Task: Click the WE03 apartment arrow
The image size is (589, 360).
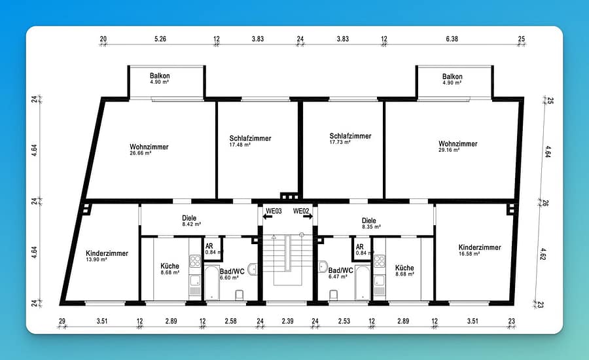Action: [x=268, y=217]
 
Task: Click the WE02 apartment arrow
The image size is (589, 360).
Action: [x=308, y=217]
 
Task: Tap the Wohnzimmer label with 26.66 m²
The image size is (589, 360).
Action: [x=149, y=149]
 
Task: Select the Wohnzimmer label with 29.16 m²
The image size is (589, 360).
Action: [x=458, y=146]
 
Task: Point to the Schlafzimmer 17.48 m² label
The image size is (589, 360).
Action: [x=250, y=141]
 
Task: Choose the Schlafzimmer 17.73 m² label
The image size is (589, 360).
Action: [x=350, y=138]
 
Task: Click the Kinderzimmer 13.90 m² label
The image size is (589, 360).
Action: [x=107, y=256]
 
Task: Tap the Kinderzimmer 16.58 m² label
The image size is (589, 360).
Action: [x=480, y=250]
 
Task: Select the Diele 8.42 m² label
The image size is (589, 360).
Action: [x=191, y=221]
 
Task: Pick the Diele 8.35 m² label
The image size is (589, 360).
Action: [x=371, y=223]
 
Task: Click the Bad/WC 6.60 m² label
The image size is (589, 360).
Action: [x=232, y=274]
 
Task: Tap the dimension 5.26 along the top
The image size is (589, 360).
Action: [x=160, y=39]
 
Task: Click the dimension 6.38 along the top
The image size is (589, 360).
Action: [x=452, y=39]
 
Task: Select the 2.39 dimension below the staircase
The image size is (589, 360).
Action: [x=288, y=321]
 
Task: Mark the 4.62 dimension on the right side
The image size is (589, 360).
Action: [x=543, y=254]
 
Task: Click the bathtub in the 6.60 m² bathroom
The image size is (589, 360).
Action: [x=212, y=283]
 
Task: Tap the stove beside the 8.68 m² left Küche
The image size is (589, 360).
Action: [x=195, y=261]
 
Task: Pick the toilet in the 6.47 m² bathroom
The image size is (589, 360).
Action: [x=333, y=295]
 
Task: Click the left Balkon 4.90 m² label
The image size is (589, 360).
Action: [x=160, y=78]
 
